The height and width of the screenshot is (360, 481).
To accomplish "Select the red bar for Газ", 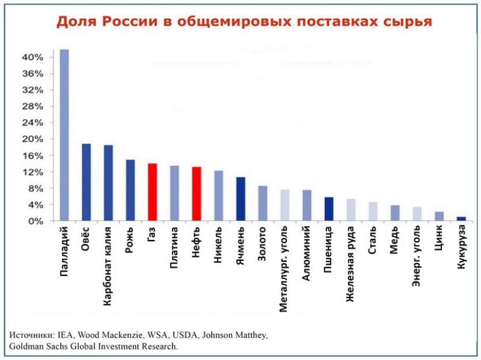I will pyautogui.click(x=152, y=192).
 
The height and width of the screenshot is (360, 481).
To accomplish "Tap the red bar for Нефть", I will pyautogui.click(x=196, y=194).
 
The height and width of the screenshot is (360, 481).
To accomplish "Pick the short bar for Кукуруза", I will pyautogui.click(x=461, y=219).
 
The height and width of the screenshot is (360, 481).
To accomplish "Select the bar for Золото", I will pyautogui.click(x=262, y=203).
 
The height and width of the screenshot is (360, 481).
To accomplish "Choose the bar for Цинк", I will pyautogui.click(x=439, y=216).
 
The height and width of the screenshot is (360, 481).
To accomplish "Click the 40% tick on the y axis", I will pyautogui.click(x=33, y=57).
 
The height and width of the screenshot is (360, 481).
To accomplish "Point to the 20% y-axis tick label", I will pyautogui.click(x=33, y=139).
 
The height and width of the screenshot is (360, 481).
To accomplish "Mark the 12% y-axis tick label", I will pyautogui.click(x=33, y=172).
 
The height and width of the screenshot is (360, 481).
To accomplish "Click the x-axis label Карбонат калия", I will pyautogui.click(x=108, y=266).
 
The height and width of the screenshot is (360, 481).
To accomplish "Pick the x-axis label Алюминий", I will pyautogui.click(x=307, y=255).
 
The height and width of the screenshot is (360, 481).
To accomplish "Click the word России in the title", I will pyautogui.click(x=125, y=22).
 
